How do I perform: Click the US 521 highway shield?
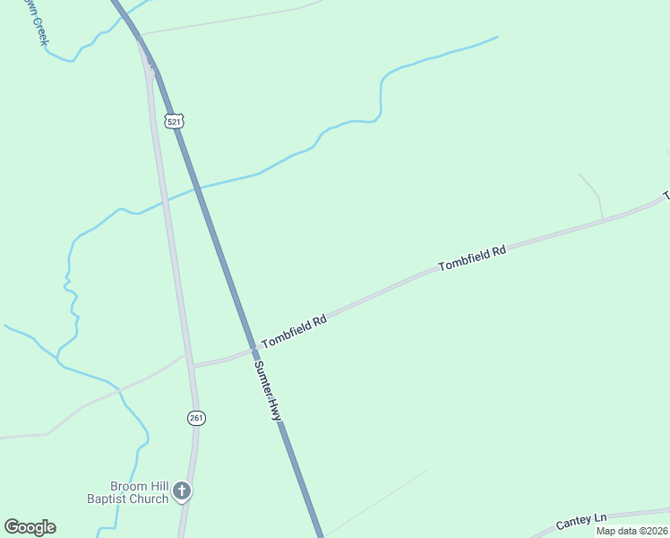pyautogui.click(x=174, y=119)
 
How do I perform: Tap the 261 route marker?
pyautogui.click(x=196, y=418)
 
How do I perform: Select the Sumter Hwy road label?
pyautogui.click(x=267, y=391)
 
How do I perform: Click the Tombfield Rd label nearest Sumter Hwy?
pyautogui.click(x=293, y=331)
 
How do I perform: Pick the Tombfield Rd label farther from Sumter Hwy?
pyautogui.click(x=472, y=258)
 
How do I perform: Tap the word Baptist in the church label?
pyautogui.click(x=110, y=499)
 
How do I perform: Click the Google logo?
pyautogui.click(x=30, y=527)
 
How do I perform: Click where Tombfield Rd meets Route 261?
pyautogui.click(x=192, y=365)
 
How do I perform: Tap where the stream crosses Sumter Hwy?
pyautogui.click(x=196, y=187)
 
